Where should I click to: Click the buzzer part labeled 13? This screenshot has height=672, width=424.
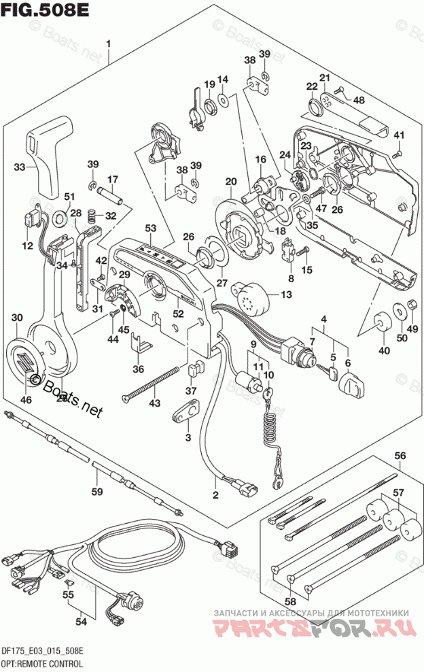[252, 297]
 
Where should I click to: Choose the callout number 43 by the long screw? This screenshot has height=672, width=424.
[155, 404]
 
